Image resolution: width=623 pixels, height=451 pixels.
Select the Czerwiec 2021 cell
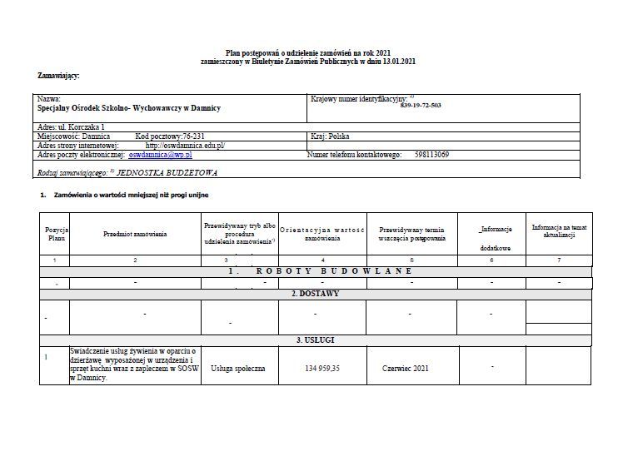[406, 367]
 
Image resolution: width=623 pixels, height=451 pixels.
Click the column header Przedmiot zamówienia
[135, 234]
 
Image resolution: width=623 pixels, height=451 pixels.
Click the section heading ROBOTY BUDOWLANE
[315, 271]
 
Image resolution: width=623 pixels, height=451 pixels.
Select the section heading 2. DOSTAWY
[315, 294]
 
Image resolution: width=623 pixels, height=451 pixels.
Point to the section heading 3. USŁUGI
[315, 340]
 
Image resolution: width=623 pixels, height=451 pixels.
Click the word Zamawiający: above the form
[58, 76]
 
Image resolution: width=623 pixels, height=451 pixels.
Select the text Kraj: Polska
[329, 135]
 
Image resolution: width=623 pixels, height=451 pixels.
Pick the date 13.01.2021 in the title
[400, 61]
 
